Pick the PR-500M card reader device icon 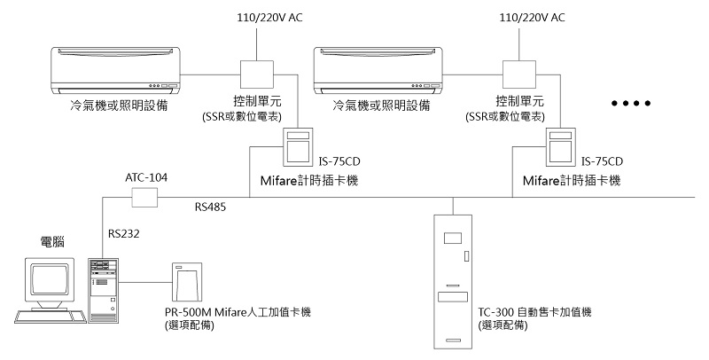coord(188,283)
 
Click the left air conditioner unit coord(114,71)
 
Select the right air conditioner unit coord(378,71)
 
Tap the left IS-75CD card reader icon coord(297,145)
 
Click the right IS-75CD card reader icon coord(561,145)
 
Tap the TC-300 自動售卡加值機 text coord(534,313)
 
